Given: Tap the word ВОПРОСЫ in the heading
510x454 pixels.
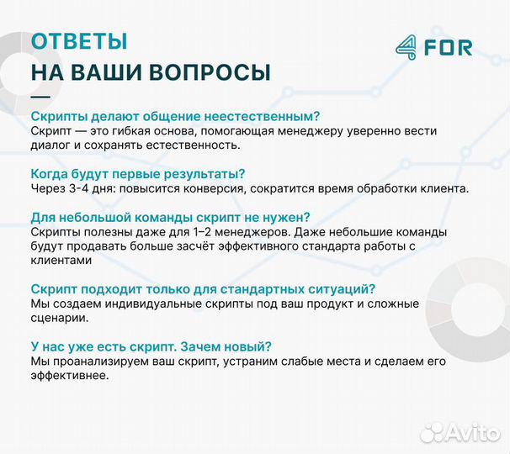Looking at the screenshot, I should coord(210,72).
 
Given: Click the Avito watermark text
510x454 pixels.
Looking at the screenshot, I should coord(474,432).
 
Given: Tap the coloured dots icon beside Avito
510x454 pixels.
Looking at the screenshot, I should coord(433,432).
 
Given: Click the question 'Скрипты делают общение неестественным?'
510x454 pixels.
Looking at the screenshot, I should coord(175,116).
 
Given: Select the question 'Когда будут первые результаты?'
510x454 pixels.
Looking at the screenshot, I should coord(137,173).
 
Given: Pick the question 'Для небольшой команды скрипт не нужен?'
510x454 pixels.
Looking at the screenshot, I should coord(170,216).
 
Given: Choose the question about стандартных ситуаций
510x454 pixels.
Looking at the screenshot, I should coord(202,288).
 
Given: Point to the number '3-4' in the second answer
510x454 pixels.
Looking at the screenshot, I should coord(79,188).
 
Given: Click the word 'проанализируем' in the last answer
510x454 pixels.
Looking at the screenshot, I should coord(98,361).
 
